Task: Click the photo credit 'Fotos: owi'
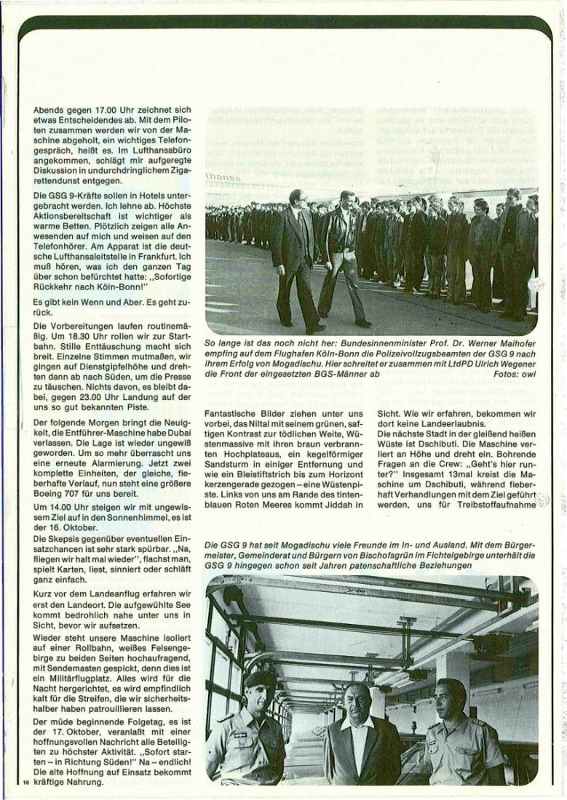[515, 373]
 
